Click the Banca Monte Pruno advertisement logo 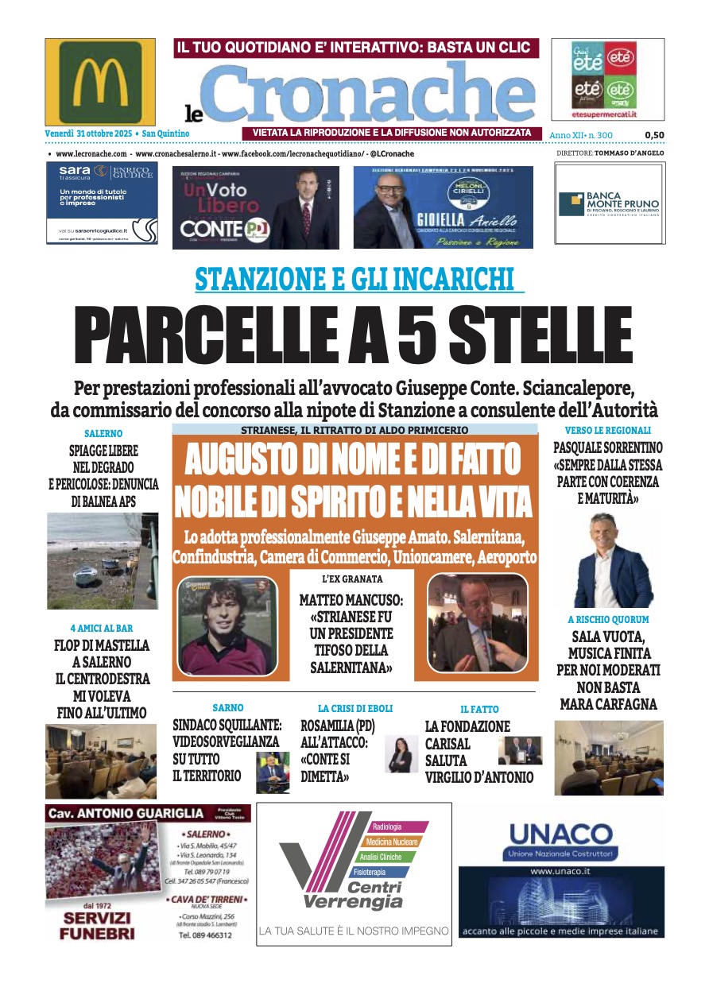[x=610, y=204]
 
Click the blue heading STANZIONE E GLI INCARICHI [x=359, y=280]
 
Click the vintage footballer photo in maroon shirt [x=227, y=625]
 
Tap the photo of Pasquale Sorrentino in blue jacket [x=613, y=561]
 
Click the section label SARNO [x=227, y=707]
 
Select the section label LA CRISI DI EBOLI [x=355, y=708]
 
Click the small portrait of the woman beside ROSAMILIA [x=401, y=754]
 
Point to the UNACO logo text [x=561, y=834]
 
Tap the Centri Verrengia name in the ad [x=353, y=895]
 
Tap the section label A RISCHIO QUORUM [x=608, y=619]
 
